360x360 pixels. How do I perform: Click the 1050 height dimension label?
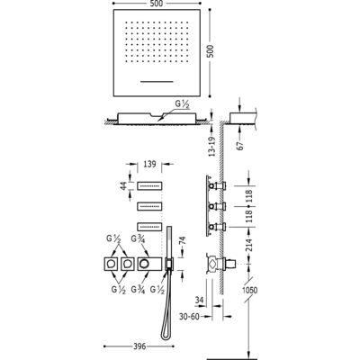tap(250, 290)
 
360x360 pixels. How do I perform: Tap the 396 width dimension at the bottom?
tap(139, 346)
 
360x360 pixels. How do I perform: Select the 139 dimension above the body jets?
tap(149, 164)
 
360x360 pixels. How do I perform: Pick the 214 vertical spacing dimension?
tap(250, 243)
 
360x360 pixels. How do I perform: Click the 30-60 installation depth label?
tap(189, 316)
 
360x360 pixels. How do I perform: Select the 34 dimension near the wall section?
tap(200, 300)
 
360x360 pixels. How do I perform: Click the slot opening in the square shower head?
tap(157, 81)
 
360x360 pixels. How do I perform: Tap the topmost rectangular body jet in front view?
tap(150, 185)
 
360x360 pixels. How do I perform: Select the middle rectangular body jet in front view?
tap(150, 206)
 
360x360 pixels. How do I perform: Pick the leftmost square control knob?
tap(112, 264)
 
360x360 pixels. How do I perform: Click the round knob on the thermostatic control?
tap(144, 264)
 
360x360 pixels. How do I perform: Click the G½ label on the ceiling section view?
tap(183, 105)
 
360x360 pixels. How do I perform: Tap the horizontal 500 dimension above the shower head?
tap(157, 4)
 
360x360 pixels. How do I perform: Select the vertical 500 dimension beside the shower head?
tap(211, 51)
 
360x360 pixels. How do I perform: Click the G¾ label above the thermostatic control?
tap(139, 239)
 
